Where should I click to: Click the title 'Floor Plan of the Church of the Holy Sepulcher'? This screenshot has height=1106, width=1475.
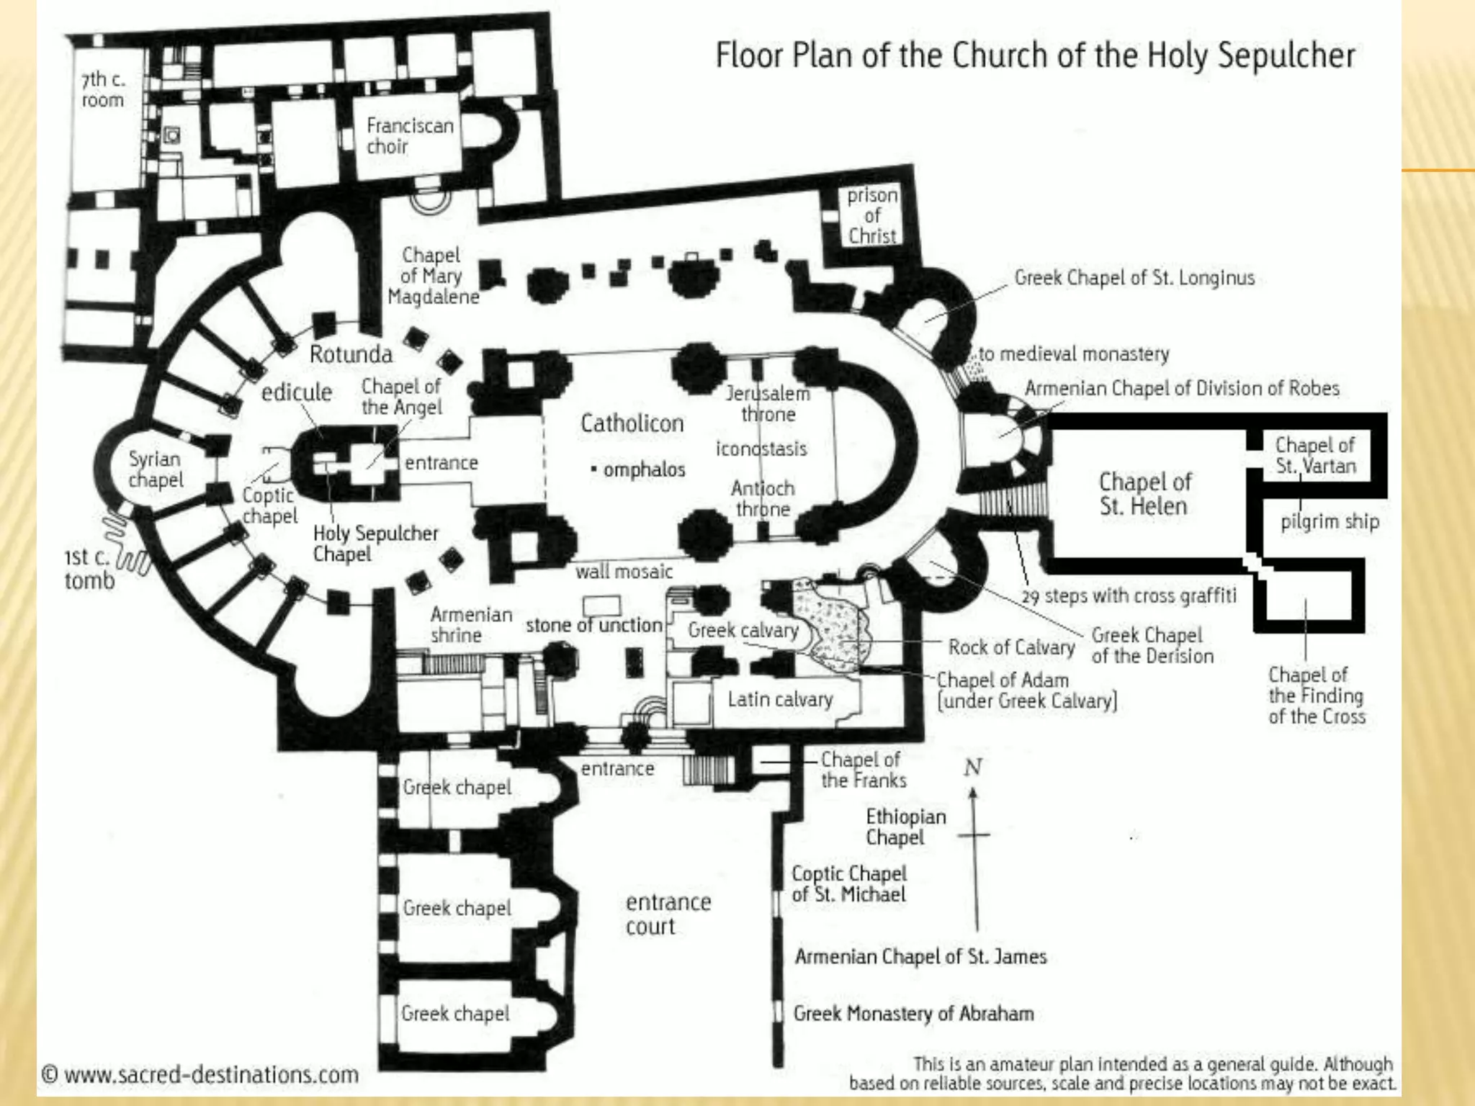pos(1035,55)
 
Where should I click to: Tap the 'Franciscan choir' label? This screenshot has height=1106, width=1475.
pos(409,135)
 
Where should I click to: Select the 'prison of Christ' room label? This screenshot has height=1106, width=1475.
pos(871,215)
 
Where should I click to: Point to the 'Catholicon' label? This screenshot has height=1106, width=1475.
pos(632,423)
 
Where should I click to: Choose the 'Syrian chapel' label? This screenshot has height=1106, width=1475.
pos(155,469)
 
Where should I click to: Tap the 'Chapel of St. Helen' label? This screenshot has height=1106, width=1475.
pos(1144,493)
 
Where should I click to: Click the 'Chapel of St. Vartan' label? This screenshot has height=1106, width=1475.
pos(1315,455)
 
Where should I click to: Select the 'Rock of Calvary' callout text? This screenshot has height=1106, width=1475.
pos(1011,647)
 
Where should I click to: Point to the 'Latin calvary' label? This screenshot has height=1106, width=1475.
pos(780,699)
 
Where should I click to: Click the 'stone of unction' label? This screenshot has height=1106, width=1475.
pos(593,625)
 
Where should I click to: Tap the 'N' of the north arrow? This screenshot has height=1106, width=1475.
pos(973,768)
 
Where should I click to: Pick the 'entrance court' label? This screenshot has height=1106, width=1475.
pos(668,914)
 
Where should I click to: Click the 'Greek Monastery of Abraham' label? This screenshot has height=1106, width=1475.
pos(913,1013)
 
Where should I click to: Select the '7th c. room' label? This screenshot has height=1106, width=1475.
pos(102,89)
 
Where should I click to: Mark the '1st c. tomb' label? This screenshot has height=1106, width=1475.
pos(89,568)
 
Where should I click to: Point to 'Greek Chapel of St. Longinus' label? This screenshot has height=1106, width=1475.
pos(1134,278)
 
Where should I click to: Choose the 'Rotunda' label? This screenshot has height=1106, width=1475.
pos(351,354)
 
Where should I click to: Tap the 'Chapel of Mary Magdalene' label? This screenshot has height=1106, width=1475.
pos(432,276)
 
